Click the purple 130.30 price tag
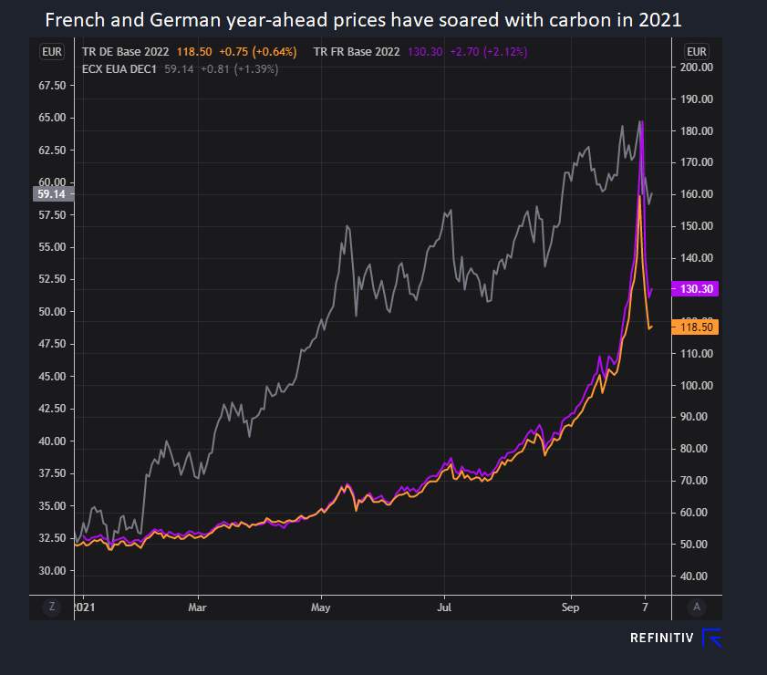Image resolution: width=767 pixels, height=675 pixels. pyautogui.click(x=697, y=288)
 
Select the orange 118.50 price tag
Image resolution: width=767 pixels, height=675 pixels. pyautogui.click(x=697, y=327)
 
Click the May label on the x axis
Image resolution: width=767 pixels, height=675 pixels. pyautogui.click(x=320, y=606)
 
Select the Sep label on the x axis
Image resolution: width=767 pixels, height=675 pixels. pyautogui.click(x=570, y=606)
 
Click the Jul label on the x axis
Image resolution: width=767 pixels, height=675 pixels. pyautogui.click(x=444, y=606)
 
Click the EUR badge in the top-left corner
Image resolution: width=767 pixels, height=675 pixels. pyautogui.click(x=52, y=51)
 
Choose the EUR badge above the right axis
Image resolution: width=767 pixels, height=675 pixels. pyautogui.click(x=696, y=51)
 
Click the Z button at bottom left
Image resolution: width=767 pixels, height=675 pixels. pyautogui.click(x=52, y=607)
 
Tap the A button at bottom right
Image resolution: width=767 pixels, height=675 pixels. pyautogui.click(x=696, y=607)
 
